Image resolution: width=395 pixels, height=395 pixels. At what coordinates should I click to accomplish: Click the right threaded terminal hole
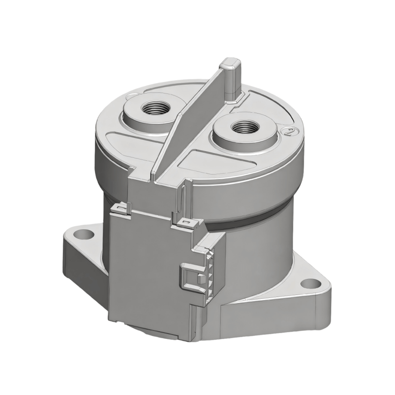tap(242, 127)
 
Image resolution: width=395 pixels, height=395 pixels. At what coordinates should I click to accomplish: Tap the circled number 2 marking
tap(291, 131)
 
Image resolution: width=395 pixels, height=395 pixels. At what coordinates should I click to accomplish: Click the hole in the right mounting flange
tap(311, 283)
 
